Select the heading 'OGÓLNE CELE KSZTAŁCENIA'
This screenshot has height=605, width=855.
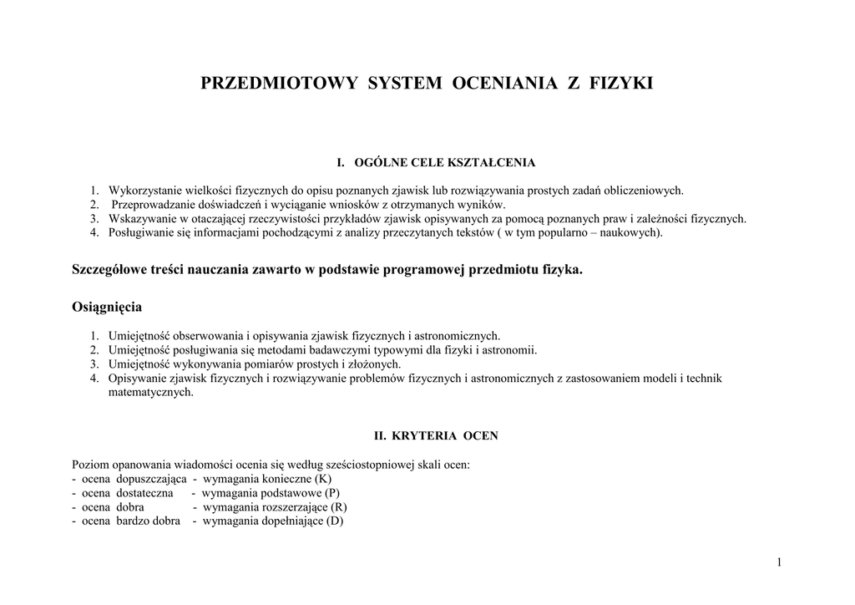[444, 162]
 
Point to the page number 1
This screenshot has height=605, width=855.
[779, 562]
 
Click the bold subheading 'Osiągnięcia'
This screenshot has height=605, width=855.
[107, 307]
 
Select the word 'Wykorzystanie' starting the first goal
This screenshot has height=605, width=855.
[143, 191]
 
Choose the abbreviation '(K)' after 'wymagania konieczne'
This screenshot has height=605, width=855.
[323, 479]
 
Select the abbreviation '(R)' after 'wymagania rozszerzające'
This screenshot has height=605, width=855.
[338, 507]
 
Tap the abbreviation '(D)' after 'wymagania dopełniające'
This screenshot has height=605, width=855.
[335, 521]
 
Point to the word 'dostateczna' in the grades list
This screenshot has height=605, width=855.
[145, 493]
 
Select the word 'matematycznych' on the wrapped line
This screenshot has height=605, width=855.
[151, 392]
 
